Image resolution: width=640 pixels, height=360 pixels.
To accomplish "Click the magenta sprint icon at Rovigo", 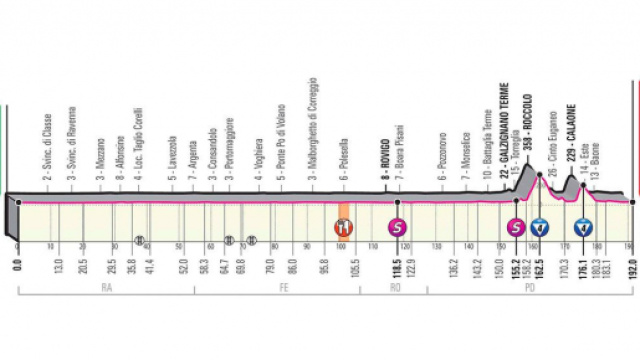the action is [398, 225].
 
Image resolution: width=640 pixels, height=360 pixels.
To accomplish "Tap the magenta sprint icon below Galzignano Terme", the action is [516, 225].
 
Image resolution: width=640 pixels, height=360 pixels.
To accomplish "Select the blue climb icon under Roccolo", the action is [540, 225].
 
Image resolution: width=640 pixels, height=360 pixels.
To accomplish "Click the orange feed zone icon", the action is [342, 225].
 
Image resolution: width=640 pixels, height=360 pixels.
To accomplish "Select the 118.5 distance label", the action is [398, 267].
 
